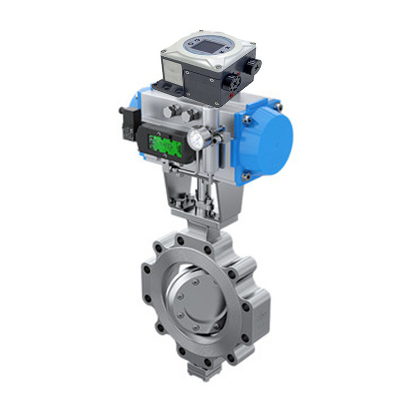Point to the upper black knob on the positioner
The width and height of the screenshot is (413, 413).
253,65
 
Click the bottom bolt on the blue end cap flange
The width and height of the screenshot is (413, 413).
247,177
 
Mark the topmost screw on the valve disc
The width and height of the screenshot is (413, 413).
195,282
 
